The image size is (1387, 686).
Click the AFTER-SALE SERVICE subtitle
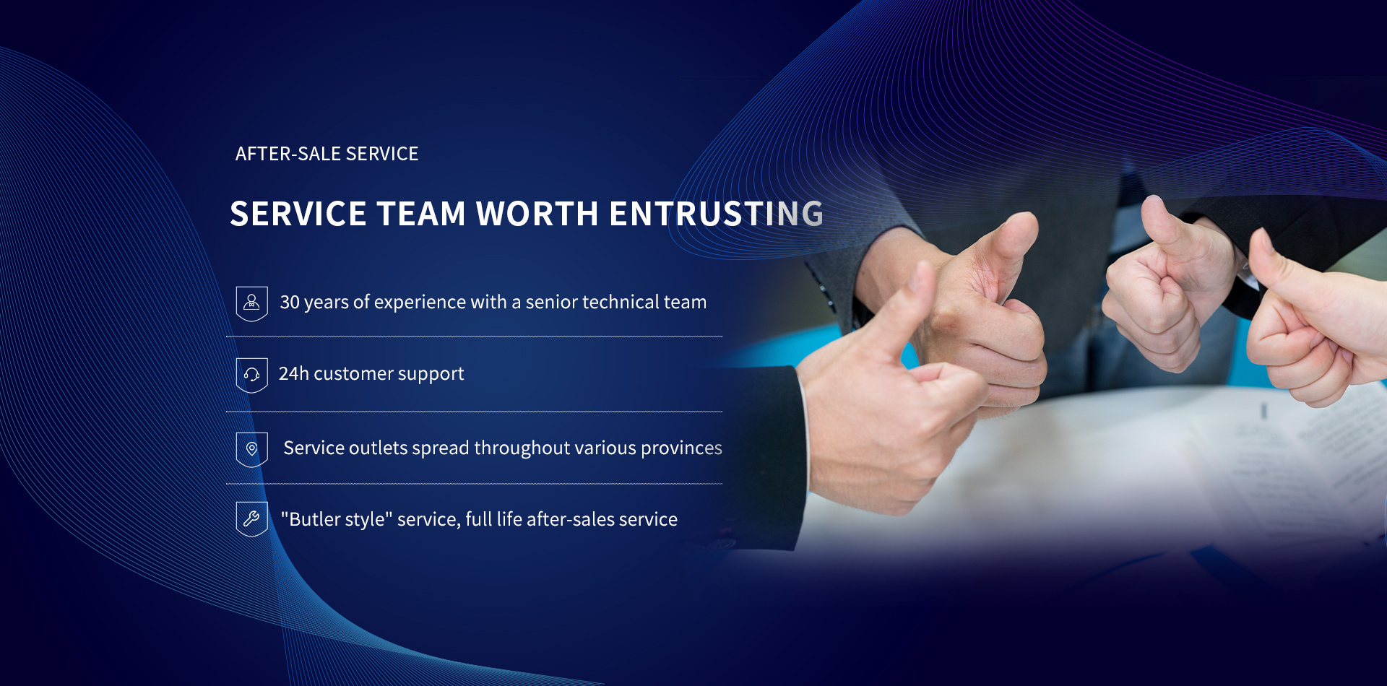point(327,154)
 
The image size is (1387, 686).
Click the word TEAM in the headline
point(421,214)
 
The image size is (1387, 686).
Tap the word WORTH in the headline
point(537,214)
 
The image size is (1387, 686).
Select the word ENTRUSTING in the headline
point(717,214)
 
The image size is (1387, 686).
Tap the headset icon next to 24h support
point(251,375)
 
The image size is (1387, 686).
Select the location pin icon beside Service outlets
point(251,449)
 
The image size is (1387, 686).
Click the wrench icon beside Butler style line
point(251,518)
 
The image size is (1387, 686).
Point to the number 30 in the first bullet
point(290,302)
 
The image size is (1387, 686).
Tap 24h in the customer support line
point(294,373)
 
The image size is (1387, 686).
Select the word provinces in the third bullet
point(681,448)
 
